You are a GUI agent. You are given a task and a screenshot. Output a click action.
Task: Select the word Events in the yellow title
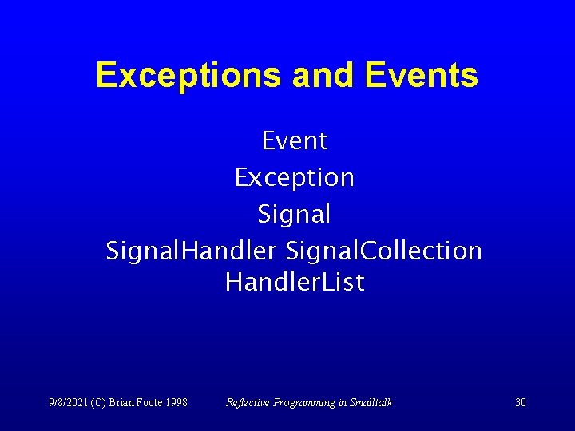pos(421,76)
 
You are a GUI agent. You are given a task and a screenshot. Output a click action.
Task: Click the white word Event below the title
pos(295,141)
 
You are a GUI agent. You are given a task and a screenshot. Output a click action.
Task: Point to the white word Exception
pos(294,177)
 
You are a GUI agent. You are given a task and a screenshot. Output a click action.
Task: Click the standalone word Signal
pos(294,214)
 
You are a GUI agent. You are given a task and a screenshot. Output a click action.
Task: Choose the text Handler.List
pos(295,282)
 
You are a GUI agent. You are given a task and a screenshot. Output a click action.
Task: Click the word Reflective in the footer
pos(248,402)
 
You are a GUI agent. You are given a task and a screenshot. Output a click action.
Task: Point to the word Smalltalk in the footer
pos(370,402)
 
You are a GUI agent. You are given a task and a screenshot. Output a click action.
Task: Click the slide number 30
pos(521,402)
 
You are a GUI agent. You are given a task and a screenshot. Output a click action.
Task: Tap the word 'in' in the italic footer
pos(341,402)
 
